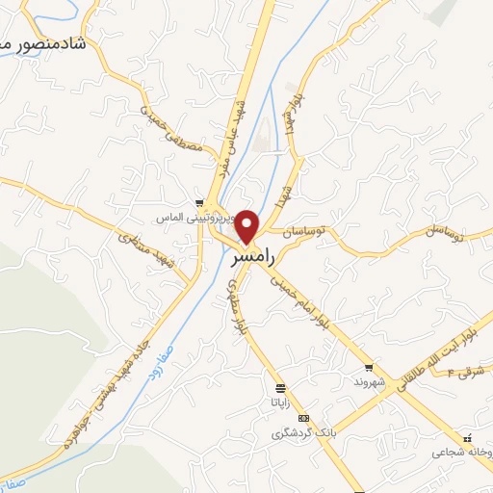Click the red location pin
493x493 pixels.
coord(248,226)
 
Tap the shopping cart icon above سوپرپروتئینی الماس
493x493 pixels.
coord(199,203)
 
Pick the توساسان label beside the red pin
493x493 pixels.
coord(305,231)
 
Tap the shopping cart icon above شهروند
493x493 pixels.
coord(369,369)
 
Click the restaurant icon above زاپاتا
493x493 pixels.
coord(280,388)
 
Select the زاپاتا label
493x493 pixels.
coord(279,402)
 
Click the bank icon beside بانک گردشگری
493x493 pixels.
coord(304,419)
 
